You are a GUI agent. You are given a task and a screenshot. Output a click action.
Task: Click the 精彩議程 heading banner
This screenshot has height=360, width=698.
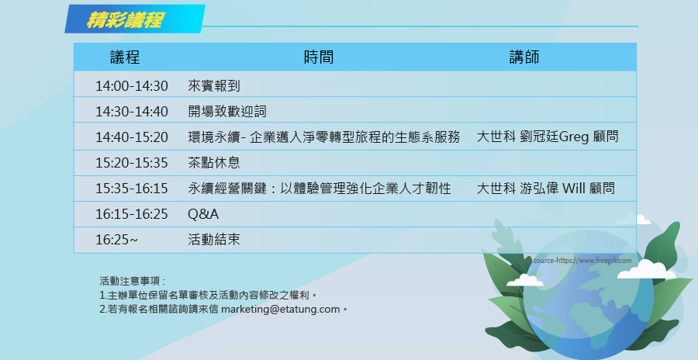point(135,19)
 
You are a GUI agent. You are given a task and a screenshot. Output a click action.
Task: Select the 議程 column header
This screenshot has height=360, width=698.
point(125,57)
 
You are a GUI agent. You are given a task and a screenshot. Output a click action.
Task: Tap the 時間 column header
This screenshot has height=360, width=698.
point(319,57)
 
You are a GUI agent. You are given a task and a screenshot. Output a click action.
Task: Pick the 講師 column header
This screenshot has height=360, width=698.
point(524,57)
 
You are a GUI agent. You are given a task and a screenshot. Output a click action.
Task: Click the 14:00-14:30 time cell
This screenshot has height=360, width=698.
point(132,85)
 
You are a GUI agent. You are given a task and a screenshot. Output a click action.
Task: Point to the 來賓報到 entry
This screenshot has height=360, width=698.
point(214,85)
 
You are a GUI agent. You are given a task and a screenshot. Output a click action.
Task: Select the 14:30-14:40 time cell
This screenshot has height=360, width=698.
point(132,112)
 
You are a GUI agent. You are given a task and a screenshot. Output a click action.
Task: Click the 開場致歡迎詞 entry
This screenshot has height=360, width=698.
point(227,112)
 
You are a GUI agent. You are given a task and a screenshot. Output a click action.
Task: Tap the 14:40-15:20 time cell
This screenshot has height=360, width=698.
point(132,137)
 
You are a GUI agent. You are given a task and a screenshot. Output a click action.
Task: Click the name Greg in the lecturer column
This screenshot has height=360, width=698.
point(574,137)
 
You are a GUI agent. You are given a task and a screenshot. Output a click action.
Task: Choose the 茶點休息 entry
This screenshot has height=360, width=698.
point(214,163)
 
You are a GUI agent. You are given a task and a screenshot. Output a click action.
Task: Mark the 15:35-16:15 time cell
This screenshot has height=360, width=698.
point(132,189)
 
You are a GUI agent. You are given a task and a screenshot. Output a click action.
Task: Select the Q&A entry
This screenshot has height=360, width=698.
point(203,214)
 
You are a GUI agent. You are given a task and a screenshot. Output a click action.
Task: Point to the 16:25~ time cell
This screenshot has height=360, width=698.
point(116,240)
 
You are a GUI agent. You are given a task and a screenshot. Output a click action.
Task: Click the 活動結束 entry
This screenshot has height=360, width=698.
point(214,240)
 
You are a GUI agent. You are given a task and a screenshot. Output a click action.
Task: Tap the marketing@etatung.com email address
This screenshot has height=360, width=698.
point(281,310)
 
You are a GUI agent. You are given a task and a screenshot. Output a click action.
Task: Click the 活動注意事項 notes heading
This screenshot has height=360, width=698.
point(132,281)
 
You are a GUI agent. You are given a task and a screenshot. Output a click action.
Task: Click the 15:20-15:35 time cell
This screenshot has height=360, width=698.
point(132,163)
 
